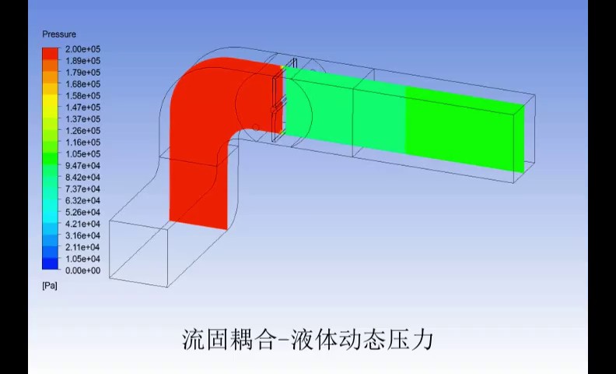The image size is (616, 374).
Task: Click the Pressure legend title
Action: pyautogui.click(x=59, y=34)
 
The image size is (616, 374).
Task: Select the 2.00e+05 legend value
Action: pyautogui.click(x=83, y=49)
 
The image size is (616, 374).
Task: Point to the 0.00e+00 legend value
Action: pyautogui.click(x=83, y=270)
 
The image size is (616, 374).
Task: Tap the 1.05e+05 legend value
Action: pyautogui.click(x=83, y=153)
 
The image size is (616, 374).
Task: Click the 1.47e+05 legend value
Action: pyautogui.click(x=83, y=108)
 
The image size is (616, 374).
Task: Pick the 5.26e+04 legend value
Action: pyautogui.click(x=83, y=212)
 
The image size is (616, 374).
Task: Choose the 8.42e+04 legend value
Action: pyautogui.click(x=83, y=177)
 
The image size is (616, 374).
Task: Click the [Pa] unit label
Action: pyautogui.click(x=50, y=286)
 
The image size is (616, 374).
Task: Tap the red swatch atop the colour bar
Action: pyautogui.click(x=50, y=51)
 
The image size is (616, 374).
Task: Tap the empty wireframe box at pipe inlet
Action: pyautogui.click(x=140, y=249)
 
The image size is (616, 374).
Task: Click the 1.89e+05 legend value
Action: pyautogui.click(x=83, y=61)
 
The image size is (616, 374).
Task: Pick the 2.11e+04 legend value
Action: pyautogui.click(x=83, y=247)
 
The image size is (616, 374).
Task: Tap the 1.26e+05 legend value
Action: pyautogui.click(x=83, y=131)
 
